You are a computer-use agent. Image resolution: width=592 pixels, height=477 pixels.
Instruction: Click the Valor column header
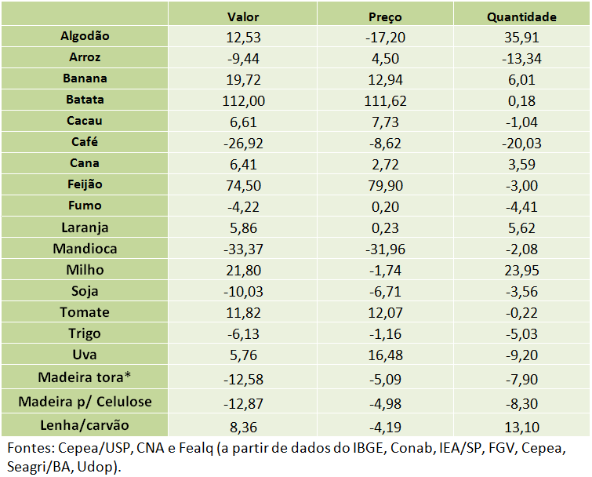pyautogui.click(x=242, y=16)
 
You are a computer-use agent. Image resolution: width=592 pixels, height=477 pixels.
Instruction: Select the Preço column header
pyautogui.click(x=385, y=16)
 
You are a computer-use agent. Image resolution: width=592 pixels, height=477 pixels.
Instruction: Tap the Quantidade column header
pyautogui.click(x=521, y=16)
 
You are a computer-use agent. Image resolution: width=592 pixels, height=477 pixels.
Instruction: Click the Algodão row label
pyautogui.click(x=85, y=36)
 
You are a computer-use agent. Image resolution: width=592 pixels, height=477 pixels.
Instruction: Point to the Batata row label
pyautogui.click(x=85, y=100)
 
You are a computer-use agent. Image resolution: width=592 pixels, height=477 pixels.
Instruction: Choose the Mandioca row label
pyautogui.click(x=85, y=249)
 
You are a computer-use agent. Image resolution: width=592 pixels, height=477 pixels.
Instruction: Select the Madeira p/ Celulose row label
pyautogui.click(x=85, y=402)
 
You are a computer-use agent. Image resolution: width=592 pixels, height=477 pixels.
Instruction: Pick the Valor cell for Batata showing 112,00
pyautogui.click(x=242, y=100)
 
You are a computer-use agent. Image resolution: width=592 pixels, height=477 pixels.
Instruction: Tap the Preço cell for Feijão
pyautogui.click(x=385, y=185)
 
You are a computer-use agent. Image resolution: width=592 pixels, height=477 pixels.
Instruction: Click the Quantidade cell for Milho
pyautogui.click(x=521, y=270)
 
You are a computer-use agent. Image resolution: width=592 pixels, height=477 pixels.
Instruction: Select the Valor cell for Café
pyautogui.click(x=242, y=143)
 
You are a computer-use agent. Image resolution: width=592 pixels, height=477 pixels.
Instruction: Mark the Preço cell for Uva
pyautogui.click(x=385, y=355)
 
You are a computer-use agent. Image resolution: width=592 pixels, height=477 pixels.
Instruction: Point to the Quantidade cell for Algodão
pyautogui.click(x=521, y=37)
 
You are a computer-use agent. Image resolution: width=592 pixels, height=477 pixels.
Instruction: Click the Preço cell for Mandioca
pyautogui.click(x=385, y=249)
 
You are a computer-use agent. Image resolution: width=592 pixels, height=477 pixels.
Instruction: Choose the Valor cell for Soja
pyautogui.click(x=242, y=291)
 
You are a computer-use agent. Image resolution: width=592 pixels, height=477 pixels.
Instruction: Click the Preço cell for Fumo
pyautogui.click(x=385, y=206)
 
